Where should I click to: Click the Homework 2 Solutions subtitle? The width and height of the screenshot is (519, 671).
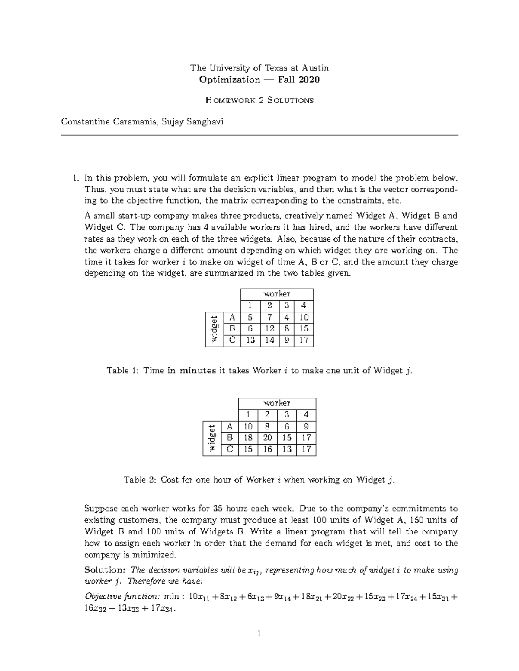(x=259, y=100)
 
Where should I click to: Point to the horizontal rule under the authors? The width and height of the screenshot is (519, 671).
(x=259, y=135)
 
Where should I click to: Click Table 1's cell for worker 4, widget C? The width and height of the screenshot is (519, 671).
(x=304, y=340)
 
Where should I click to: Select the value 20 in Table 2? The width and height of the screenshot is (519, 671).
(x=267, y=438)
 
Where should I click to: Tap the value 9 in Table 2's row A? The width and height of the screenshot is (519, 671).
(x=306, y=426)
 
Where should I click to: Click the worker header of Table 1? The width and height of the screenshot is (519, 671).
(x=277, y=294)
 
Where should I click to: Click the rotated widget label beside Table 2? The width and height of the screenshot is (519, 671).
(x=212, y=438)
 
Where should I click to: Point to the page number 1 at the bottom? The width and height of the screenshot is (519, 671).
(x=259, y=634)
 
